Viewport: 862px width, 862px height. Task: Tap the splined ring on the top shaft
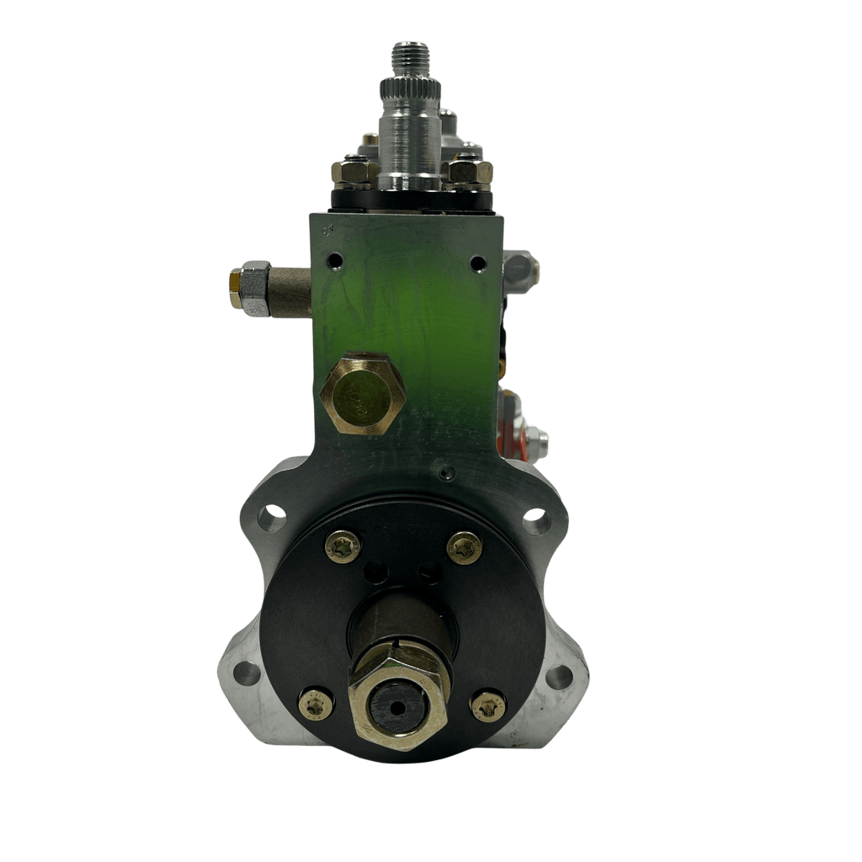(x=410, y=88)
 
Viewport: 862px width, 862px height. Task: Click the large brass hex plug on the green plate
(x=363, y=394)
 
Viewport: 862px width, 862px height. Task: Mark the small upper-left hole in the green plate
(x=336, y=261)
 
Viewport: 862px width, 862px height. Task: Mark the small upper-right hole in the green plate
(x=478, y=263)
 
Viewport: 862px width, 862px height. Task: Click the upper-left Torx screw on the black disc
(x=343, y=547)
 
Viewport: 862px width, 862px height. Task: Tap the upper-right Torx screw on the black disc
(x=465, y=548)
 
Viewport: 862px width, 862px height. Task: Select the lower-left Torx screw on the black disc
(x=317, y=704)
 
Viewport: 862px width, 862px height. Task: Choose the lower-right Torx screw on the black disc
(x=489, y=705)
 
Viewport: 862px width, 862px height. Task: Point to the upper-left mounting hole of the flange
(x=271, y=518)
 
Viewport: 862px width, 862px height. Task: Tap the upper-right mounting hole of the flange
(x=536, y=522)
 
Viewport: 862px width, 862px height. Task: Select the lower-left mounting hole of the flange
(x=247, y=673)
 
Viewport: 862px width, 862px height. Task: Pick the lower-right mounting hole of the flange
(x=559, y=676)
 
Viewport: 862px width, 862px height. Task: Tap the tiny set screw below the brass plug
(x=447, y=473)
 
